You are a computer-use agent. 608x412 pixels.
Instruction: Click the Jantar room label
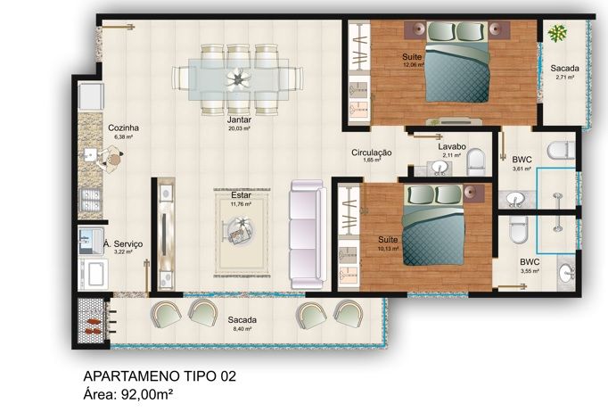(239, 119)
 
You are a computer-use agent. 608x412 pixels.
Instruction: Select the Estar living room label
(240, 194)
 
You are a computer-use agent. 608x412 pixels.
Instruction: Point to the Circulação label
(371, 152)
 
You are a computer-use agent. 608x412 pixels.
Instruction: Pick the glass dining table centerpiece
(238, 78)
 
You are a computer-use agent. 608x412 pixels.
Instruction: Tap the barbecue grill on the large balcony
(92, 321)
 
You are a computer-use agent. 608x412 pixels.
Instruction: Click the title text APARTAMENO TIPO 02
(160, 376)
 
